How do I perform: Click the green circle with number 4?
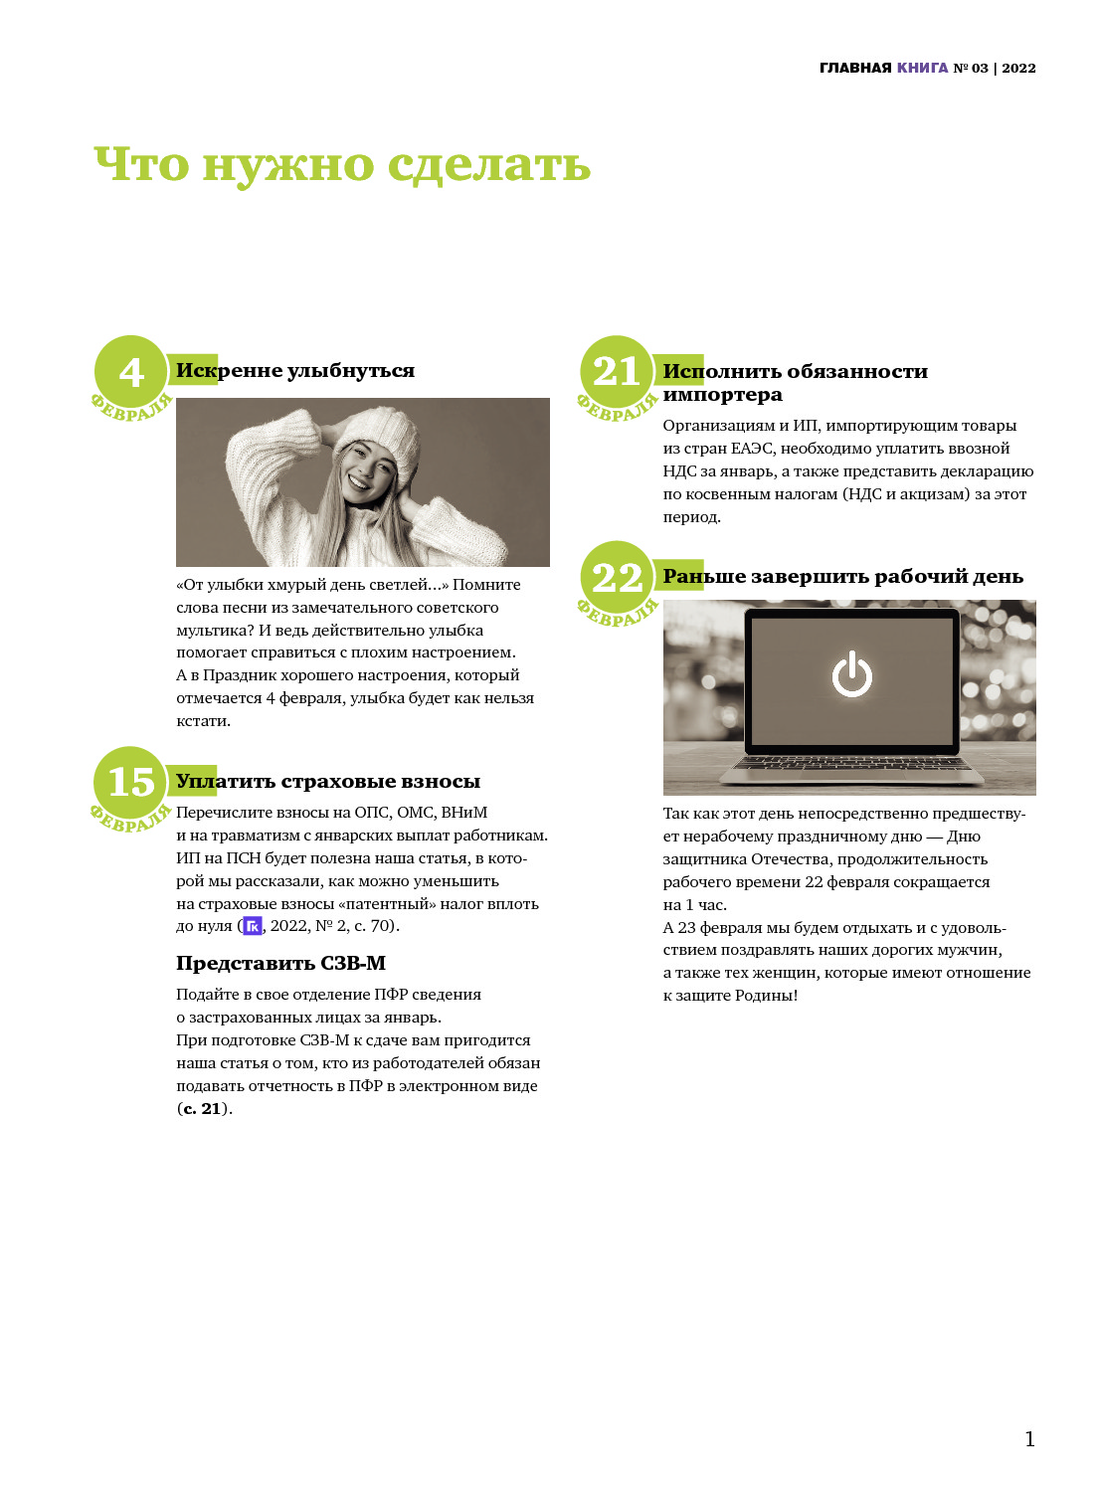[130, 371]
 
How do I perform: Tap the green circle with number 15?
[130, 782]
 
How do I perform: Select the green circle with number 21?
[617, 371]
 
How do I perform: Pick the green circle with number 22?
[617, 577]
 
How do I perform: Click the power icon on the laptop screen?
[851, 674]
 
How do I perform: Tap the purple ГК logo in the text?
[253, 926]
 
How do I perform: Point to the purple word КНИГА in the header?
[922, 68]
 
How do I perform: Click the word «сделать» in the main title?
[488, 164]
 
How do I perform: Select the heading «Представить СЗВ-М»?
[281, 963]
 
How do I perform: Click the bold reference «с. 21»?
[201, 1108]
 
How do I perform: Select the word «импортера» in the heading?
[722, 394]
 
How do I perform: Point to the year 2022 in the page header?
[1018, 68]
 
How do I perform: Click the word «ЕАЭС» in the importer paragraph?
[753, 449]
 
